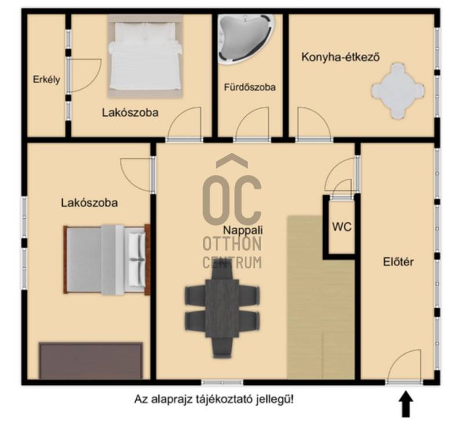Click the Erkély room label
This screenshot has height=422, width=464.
tap(46, 80)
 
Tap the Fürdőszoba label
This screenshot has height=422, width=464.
tap(250, 87)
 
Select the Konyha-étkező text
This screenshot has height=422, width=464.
tap(340, 57)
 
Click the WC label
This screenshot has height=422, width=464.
tap(342, 227)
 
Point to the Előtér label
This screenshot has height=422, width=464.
tap(398, 262)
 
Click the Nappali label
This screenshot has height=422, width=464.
tap(242, 230)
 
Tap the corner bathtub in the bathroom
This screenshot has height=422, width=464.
tap(246, 39)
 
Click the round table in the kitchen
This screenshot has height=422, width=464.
tap(398, 91)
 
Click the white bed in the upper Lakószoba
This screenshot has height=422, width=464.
tap(145, 56)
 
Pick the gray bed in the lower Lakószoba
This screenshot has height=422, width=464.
tap(107, 259)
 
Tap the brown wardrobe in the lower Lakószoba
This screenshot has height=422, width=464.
tap(91, 360)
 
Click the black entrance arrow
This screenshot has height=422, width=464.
tap(407, 404)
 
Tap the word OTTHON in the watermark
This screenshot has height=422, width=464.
tap(232, 244)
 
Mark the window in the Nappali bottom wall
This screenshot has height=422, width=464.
tap(222, 383)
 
